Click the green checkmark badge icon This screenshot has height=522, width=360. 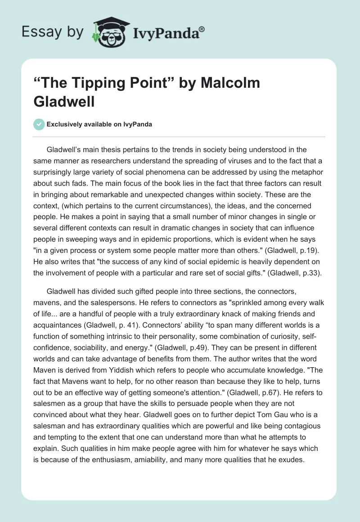[39, 124]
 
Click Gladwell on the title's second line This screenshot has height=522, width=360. [64, 101]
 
